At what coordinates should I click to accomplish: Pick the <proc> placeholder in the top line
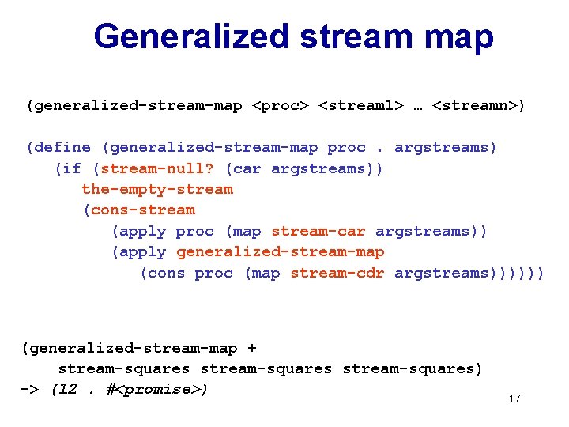point(280,105)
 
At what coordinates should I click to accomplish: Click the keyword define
point(62,147)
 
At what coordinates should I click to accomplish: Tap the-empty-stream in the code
point(157,189)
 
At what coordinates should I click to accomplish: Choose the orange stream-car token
point(318,231)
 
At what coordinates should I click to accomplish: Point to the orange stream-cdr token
point(337,273)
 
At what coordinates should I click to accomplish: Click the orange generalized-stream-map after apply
point(280,251)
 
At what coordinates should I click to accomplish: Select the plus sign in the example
point(252,348)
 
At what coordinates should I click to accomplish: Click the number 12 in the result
point(68,390)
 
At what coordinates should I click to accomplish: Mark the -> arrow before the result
point(29,390)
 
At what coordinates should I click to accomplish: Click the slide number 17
point(514,399)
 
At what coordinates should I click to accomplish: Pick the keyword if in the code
point(72,168)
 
